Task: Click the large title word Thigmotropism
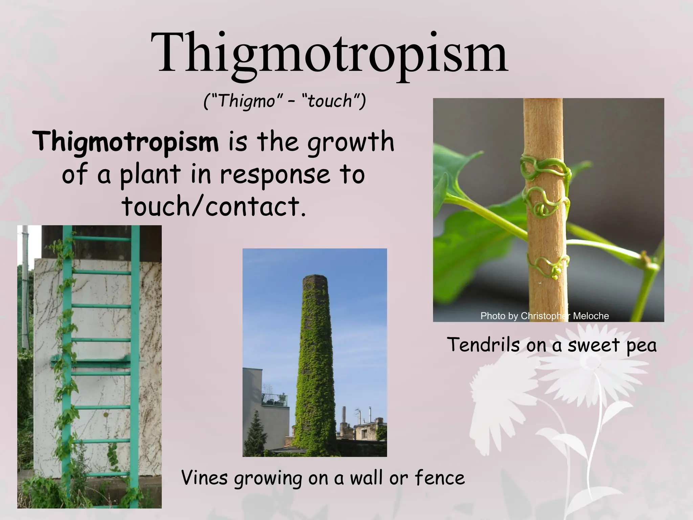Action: point(329,54)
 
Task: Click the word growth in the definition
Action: point(351,142)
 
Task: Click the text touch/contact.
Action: point(214,207)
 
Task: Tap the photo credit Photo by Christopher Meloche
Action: point(544,316)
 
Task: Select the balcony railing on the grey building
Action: point(275,400)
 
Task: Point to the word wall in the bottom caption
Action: point(367,478)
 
